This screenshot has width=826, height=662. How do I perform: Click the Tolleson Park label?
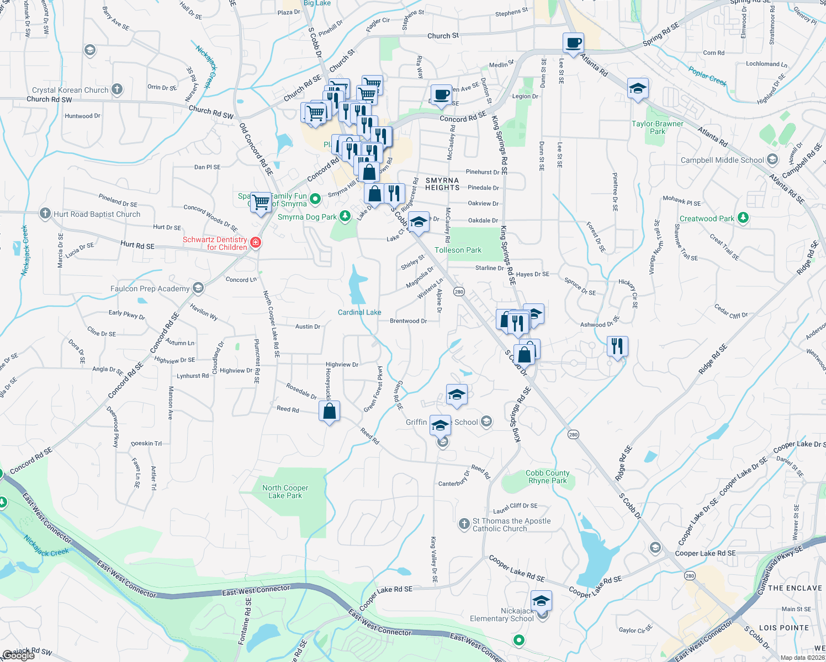pos(458,250)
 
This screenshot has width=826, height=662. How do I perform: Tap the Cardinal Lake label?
pos(359,312)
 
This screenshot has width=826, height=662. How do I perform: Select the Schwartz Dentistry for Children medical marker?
pos(255,242)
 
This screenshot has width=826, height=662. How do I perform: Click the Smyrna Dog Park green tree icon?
pos(345,216)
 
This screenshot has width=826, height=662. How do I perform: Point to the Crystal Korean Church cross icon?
pos(117,89)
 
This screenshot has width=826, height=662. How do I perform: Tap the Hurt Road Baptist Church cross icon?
pos(45,213)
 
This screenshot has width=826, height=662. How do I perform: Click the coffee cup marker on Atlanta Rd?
pos(574,43)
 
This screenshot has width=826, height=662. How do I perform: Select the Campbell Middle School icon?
pos(772,160)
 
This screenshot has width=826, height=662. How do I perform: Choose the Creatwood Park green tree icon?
pos(743,218)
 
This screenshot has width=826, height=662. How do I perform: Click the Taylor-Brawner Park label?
pos(657,127)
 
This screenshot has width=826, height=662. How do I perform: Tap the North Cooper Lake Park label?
pos(285,492)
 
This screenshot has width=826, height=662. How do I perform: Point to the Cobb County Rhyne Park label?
pos(547,477)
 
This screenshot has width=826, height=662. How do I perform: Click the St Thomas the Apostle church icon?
pos(464,524)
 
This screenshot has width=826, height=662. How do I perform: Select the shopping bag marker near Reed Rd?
pos(329,412)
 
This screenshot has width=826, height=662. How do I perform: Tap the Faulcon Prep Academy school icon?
pos(198,288)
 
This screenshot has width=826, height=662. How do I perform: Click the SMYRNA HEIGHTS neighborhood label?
pos(442,184)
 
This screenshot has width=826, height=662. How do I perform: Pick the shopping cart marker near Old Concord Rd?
pos(261,202)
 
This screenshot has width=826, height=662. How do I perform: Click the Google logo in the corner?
pos(18,655)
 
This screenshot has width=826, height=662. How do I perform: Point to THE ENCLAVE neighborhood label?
pos(795,588)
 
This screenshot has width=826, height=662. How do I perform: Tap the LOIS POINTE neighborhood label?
pos(783,628)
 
